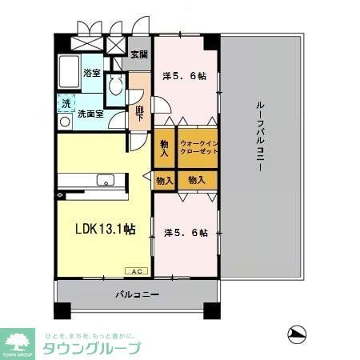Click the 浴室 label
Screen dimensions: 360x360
[91, 73]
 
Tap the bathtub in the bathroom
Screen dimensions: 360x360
[68, 74]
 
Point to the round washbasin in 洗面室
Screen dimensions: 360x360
[64, 120]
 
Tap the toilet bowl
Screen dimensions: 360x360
[118, 85]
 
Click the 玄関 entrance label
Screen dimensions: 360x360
[138, 54]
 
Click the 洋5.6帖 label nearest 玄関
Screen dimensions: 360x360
[185, 76]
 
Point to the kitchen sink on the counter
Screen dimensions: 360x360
[105, 178]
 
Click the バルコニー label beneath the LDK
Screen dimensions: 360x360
[136, 295]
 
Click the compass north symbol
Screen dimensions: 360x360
[297, 333]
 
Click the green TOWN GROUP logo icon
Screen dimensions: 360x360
[19, 338]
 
